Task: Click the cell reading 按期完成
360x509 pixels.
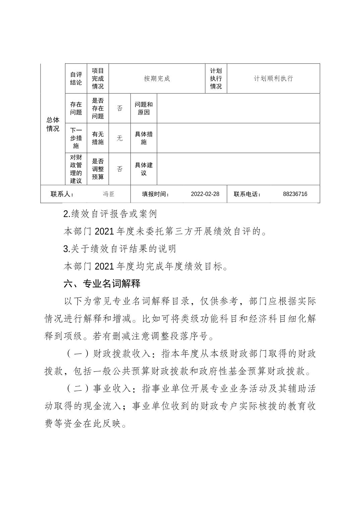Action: (x=157, y=79)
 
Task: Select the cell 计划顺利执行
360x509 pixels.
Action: (x=273, y=79)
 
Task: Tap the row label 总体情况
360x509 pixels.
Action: (x=53, y=124)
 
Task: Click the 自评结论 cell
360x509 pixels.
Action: (x=76, y=79)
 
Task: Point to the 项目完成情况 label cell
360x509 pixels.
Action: (x=98, y=79)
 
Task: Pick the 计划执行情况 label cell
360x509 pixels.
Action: (x=216, y=79)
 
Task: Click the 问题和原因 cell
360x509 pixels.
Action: (x=144, y=108)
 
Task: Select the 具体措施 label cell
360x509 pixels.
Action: (x=144, y=138)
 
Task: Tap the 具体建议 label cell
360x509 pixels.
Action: (x=144, y=169)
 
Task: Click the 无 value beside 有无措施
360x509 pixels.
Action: (x=120, y=138)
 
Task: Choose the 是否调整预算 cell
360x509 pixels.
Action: (x=98, y=169)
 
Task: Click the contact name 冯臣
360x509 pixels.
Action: (x=109, y=194)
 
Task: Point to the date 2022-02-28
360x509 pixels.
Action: (x=205, y=194)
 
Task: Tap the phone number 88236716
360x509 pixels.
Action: (x=295, y=194)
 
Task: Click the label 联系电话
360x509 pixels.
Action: (x=247, y=194)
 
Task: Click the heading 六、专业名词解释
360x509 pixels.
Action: (x=102, y=284)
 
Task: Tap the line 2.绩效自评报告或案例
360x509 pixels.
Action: (x=110, y=214)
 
